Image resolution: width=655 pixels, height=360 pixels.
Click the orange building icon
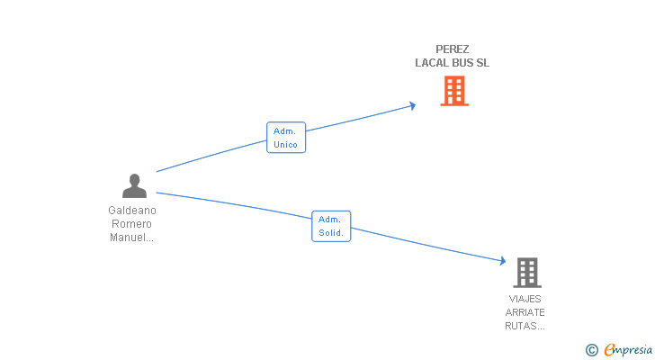454,91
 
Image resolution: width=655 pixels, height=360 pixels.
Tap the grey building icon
527,273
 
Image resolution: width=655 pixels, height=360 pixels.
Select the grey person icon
135,185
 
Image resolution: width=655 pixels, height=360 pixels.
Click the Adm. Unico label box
286,138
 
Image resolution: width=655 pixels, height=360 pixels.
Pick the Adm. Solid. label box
331,226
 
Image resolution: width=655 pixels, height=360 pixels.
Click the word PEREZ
453,49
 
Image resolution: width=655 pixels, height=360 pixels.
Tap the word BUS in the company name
462,63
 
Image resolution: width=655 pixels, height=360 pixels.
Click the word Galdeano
132,211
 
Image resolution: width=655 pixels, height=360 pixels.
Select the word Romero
131,224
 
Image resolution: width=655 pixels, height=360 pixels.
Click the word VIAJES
525,299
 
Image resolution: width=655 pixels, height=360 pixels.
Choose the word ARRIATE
525,312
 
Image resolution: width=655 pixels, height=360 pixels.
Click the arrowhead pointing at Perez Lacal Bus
413,105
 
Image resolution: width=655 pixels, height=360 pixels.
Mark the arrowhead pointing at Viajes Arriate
503,261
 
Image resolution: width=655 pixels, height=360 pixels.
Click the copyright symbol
591,350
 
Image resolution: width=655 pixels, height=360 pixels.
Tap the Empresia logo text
628,350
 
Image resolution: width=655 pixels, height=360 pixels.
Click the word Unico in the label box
286,145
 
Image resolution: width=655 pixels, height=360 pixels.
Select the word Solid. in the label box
331,232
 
